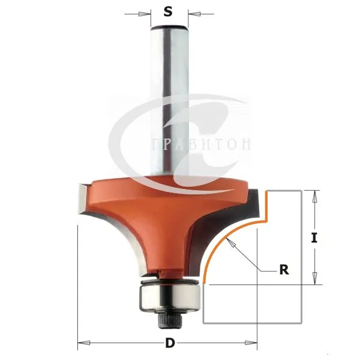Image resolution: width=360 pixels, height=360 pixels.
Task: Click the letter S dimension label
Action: click(x=168, y=11)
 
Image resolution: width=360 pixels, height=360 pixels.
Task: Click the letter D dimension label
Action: click(x=170, y=343)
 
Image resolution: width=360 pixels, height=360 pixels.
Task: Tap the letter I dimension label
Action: click(x=314, y=238)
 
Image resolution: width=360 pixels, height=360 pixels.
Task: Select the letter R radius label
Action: click(x=284, y=270)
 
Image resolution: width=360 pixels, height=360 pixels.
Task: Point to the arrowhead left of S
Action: click(x=143, y=14)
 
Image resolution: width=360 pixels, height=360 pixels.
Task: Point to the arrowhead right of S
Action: click(x=194, y=14)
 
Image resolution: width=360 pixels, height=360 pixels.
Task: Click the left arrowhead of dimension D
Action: click(x=84, y=343)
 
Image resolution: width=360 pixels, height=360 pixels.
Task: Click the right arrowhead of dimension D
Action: click(x=251, y=343)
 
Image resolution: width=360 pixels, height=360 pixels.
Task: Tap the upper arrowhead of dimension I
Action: click(x=314, y=197)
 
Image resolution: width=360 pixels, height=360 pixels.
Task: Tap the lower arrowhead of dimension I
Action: click(x=314, y=278)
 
